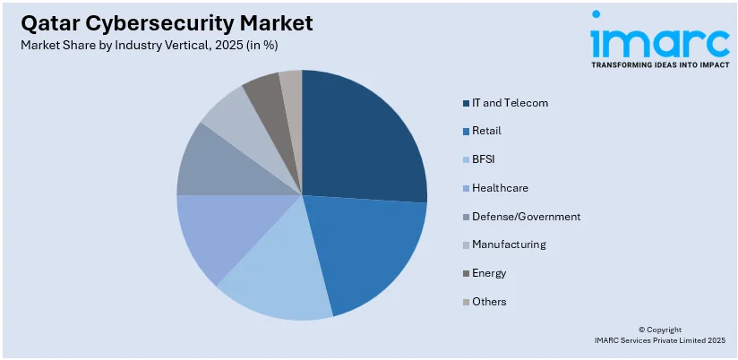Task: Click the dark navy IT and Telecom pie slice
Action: coord(358,143)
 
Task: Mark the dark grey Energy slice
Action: coord(265,91)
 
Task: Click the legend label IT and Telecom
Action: coord(510,103)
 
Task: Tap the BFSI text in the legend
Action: coord(484,159)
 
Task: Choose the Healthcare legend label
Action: coord(500,188)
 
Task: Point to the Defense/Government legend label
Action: coord(526,217)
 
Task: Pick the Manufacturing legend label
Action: coord(509,244)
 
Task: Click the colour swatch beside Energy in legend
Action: coord(466,273)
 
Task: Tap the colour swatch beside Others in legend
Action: coord(466,302)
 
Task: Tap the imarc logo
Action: coord(659,40)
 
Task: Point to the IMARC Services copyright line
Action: coord(660,340)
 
